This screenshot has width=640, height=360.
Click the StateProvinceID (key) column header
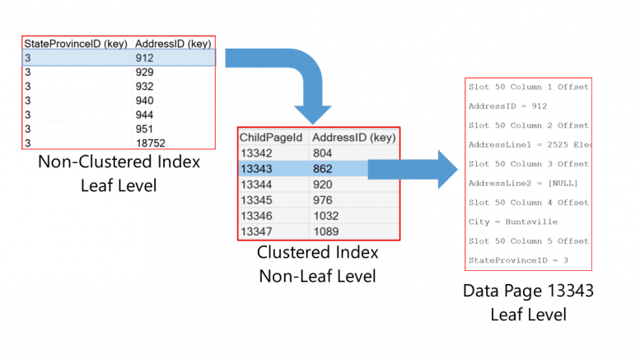tap(74, 43)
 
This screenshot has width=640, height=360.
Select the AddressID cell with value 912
tap(144, 58)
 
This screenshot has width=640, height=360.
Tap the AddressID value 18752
tap(151, 143)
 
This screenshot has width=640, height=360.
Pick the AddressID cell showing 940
tap(144, 101)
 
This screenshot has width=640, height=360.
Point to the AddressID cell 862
tap(323, 168)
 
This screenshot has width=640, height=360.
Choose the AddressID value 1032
tap(325, 215)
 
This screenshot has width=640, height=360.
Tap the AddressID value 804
tap(323, 152)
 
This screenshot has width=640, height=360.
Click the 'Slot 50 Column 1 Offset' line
tap(528, 86)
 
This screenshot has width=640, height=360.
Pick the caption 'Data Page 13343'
tap(527, 292)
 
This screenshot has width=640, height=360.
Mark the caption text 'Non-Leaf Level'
tap(317, 277)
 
